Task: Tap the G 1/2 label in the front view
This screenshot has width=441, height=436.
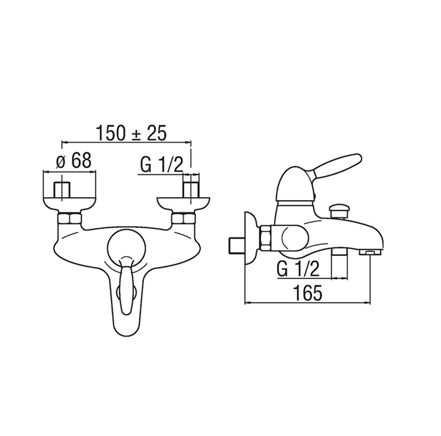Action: [161, 165]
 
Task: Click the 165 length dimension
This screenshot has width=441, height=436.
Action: [307, 293]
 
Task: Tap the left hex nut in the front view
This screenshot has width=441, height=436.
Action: [70, 218]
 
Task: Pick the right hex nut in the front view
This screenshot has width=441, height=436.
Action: [183, 218]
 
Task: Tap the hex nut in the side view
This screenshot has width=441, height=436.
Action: [266, 238]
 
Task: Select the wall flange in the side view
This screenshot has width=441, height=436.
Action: [249, 238]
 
